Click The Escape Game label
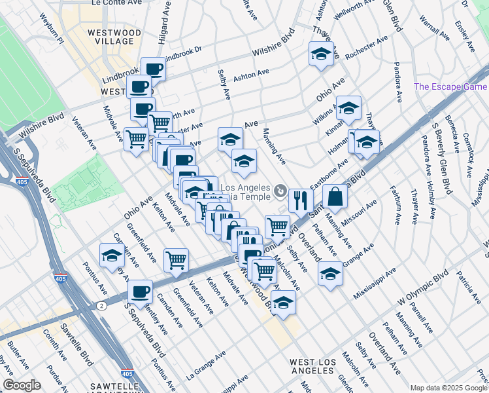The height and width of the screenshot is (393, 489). click(450, 86)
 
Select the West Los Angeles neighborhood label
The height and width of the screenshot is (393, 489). click(312, 366)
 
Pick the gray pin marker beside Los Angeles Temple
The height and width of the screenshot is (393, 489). click(280, 192)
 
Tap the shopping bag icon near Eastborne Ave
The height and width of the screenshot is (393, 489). click(334, 196)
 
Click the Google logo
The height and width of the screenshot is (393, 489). click(22, 385)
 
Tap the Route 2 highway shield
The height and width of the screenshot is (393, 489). click(101, 306)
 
